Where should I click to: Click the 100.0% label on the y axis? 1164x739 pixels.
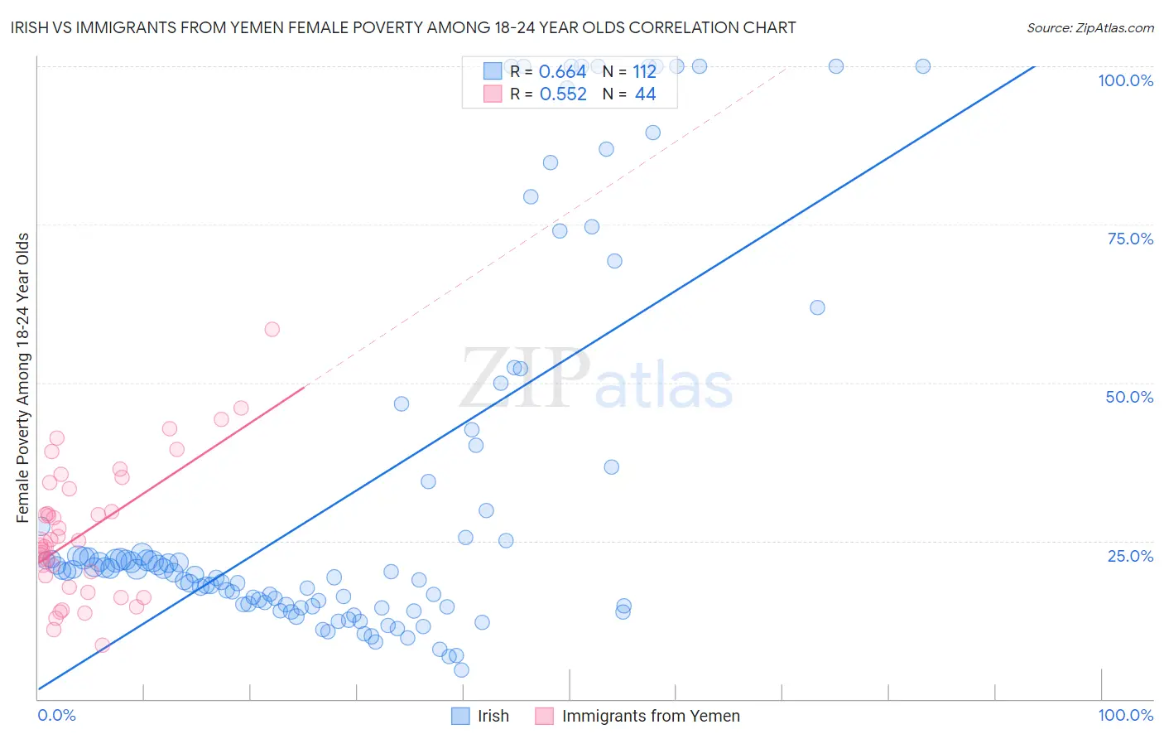pos(1125,80)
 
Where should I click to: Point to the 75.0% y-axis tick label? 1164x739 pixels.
pos(1130,239)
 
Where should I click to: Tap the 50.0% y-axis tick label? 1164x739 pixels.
pos(1129,397)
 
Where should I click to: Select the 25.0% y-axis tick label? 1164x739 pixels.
pos(1130,556)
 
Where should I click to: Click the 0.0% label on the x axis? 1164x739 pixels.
pos(56,715)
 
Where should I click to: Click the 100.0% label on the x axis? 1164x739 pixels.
pos(1125,715)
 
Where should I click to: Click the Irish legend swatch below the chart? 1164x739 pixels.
pos(460,716)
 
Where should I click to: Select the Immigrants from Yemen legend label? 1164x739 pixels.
pos(651,716)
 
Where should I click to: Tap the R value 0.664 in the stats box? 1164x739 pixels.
pos(562,72)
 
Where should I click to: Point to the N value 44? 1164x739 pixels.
pos(645,94)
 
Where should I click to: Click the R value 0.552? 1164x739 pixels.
pos(563,94)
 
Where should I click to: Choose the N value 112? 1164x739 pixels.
pos(644,72)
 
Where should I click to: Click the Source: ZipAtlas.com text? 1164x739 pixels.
pos(1089,27)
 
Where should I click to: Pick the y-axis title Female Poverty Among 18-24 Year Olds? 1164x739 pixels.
pos(23,378)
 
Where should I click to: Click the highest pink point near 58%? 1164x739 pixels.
pos(272,329)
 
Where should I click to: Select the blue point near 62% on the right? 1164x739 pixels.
pos(817,307)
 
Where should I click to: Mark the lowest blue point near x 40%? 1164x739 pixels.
pos(461,669)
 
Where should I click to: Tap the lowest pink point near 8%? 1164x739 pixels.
pos(103,645)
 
